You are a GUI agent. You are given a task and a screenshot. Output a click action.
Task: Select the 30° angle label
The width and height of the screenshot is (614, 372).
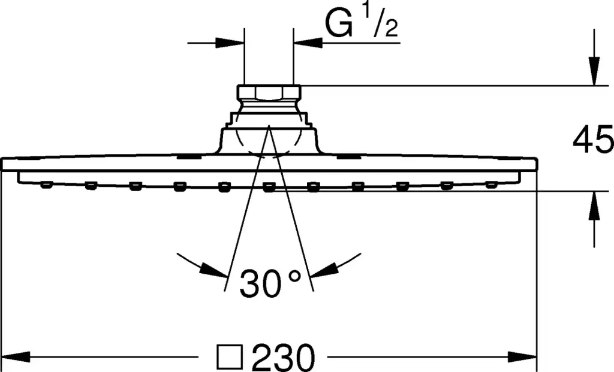coord(270,282)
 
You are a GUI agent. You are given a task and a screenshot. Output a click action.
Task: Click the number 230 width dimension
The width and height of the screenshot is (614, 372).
coord(283,357)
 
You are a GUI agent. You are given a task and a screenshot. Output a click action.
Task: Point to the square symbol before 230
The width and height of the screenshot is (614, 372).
coord(230,357)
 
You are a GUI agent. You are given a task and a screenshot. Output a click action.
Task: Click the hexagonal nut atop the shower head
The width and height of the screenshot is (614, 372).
coord(269,93)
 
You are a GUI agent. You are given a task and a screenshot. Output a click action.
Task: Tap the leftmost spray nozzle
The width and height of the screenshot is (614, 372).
coord(46,185)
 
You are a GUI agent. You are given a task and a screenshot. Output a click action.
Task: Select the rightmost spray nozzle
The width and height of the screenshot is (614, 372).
coord(492,185)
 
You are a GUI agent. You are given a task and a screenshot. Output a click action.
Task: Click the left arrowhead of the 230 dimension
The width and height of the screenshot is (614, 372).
coord(16,357)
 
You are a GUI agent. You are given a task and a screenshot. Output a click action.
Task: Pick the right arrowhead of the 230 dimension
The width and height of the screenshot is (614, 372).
coord(522,357)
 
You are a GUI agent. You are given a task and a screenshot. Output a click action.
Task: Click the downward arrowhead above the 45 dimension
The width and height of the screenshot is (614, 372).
coord(594,71)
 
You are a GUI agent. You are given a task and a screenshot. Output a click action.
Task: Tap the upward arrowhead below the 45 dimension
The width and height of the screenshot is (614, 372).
coord(594,205)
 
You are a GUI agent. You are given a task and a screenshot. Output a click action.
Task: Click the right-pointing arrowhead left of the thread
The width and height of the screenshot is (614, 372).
coord(230,43)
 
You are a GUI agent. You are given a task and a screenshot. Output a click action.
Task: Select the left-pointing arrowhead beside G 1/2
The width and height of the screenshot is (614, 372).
coord(308,43)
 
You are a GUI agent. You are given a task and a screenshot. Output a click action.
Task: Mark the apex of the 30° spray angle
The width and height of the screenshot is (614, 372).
coord(269,125)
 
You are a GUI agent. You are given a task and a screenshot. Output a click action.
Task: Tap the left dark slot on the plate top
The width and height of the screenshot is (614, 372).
coord(189,158)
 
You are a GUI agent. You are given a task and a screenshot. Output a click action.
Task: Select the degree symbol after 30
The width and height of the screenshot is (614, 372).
coord(294,276)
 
